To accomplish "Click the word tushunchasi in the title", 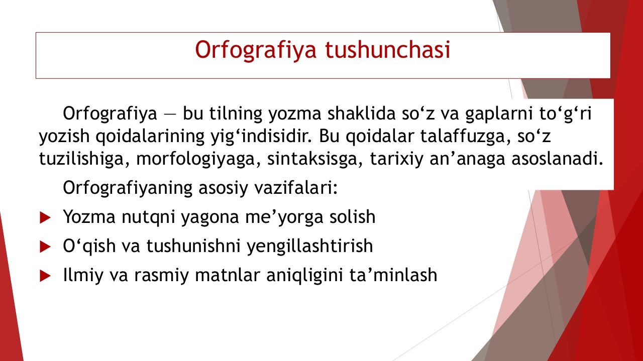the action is coord(387,49).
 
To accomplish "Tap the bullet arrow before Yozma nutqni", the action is coord(45,217).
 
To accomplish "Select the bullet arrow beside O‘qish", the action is coord(45,247).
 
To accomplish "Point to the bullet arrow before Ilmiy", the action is coord(45,276).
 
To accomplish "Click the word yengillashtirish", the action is coord(310,246).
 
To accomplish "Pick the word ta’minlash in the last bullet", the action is coord(393,275).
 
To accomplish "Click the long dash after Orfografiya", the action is coord(170,114).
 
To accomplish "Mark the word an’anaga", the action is coord(467,159).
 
